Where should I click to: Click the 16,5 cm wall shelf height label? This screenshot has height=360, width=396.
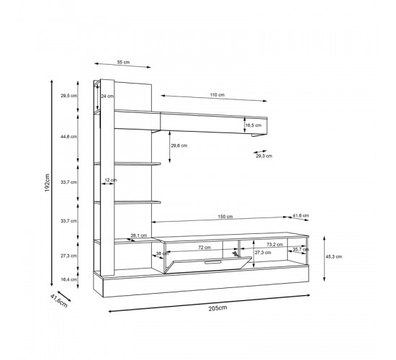click(253, 125)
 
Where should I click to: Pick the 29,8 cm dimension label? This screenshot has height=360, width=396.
click(178, 145)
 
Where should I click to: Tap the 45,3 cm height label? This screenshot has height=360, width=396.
click(333, 256)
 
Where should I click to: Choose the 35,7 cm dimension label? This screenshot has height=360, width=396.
click(300, 250)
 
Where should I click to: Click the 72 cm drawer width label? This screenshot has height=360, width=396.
click(204, 247)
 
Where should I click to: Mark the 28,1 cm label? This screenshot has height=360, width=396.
click(138, 235)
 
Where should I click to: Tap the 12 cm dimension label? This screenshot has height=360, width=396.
click(110, 180)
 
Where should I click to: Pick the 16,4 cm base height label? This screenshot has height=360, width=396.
click(69, 279)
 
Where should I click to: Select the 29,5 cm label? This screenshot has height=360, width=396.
click(69, 96)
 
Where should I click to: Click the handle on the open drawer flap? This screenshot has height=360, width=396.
click(214, 263)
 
